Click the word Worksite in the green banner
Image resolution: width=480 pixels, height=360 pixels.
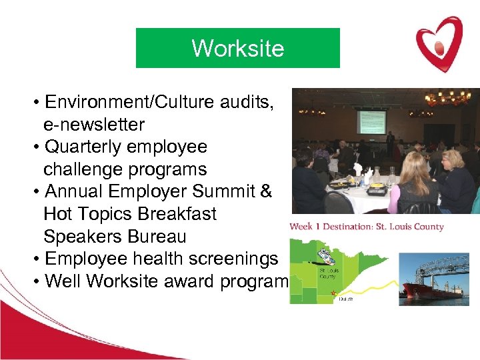[x=237, y=48]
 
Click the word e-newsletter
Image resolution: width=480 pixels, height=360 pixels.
[x=94, y=125]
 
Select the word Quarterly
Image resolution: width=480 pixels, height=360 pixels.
[x=84, y=147]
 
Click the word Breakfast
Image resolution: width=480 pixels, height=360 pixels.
[x=176, y=215]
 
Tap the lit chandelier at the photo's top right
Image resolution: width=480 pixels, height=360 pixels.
[x=448, y=97]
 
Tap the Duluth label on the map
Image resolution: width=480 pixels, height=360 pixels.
[x=344, y=299]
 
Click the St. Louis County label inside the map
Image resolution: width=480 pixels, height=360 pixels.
[x=327, y=273]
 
